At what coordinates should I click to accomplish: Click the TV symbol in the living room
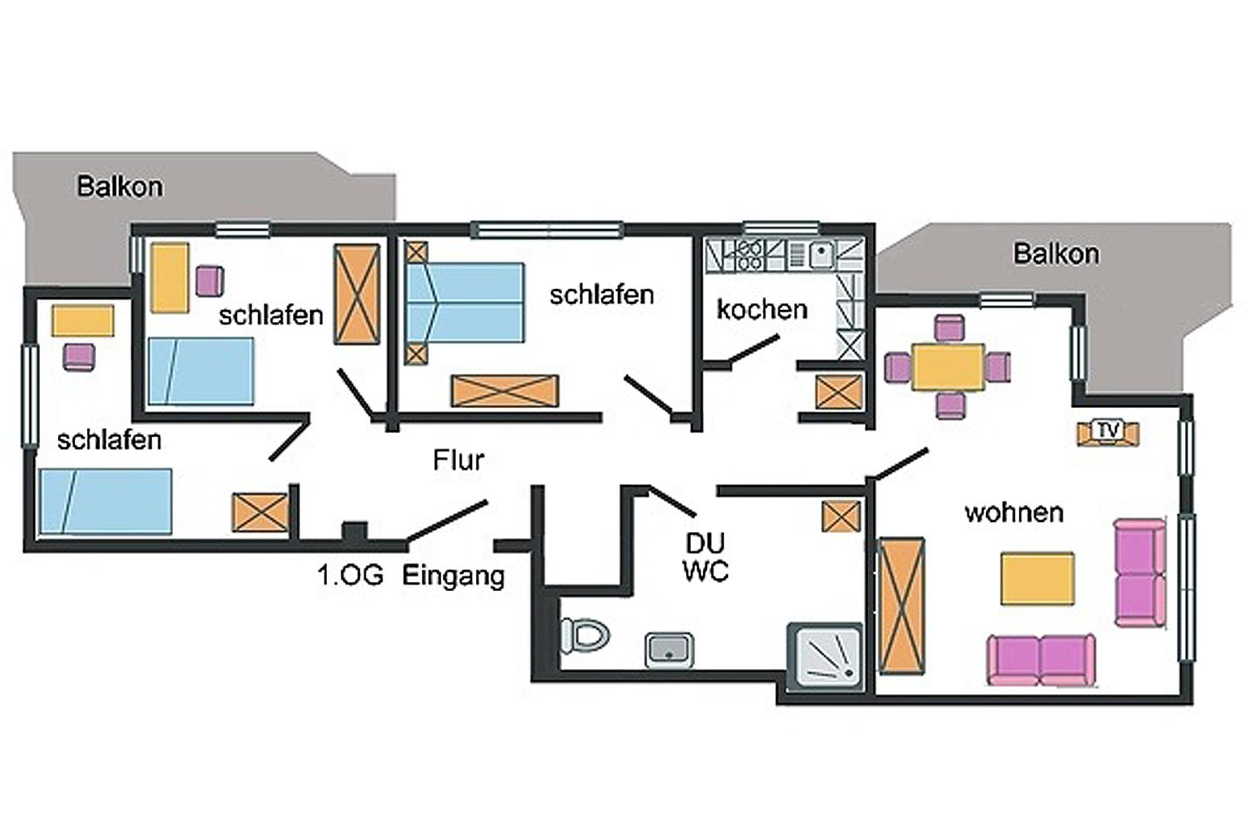click(1107, 431)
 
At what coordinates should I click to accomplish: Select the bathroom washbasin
click(669, 650)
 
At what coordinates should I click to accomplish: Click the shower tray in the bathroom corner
click(825, 657)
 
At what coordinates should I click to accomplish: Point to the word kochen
click(762, 310)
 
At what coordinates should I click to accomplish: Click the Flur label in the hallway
click(458, 461)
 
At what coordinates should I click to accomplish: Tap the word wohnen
click(1014, 513)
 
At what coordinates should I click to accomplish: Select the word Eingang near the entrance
click(453, 576)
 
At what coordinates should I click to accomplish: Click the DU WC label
click(706, 557)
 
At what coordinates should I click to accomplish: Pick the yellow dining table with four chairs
click(948, 367)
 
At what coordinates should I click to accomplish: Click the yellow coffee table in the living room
click(1037, 579)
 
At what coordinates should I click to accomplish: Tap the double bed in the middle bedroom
click(465, 302)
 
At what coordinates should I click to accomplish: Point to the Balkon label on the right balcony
click(1056, 254)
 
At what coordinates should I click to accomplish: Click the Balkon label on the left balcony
click(120, 187)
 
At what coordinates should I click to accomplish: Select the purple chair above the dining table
click(949, 328)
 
